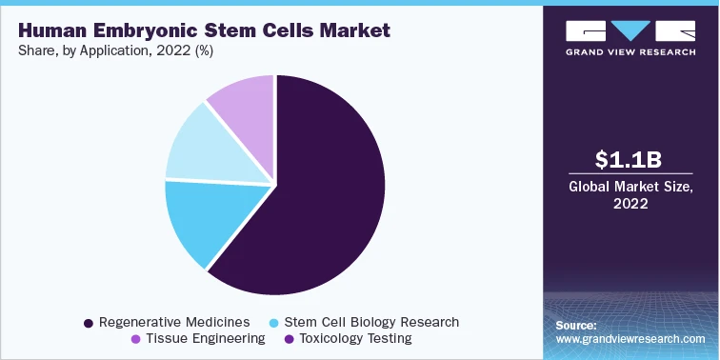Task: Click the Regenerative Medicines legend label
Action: coord(174,323)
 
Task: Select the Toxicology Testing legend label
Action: coord(355,339)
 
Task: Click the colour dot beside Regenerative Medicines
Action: coord(89,324)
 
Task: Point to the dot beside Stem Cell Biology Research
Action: coord(275,324)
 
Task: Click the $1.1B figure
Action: coord(616,160)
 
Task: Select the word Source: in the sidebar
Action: coord(576,326)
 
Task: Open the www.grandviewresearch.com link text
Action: coord(630,339)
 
